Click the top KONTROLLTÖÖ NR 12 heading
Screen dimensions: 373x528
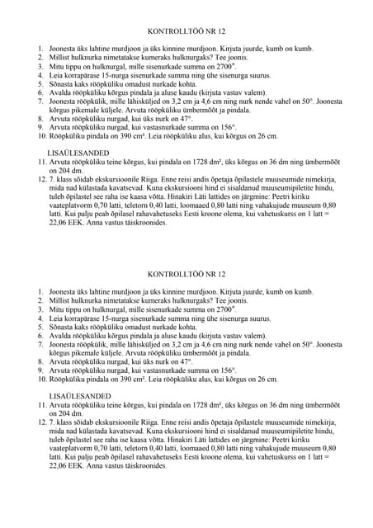185,31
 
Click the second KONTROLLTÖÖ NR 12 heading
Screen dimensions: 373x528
185,274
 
